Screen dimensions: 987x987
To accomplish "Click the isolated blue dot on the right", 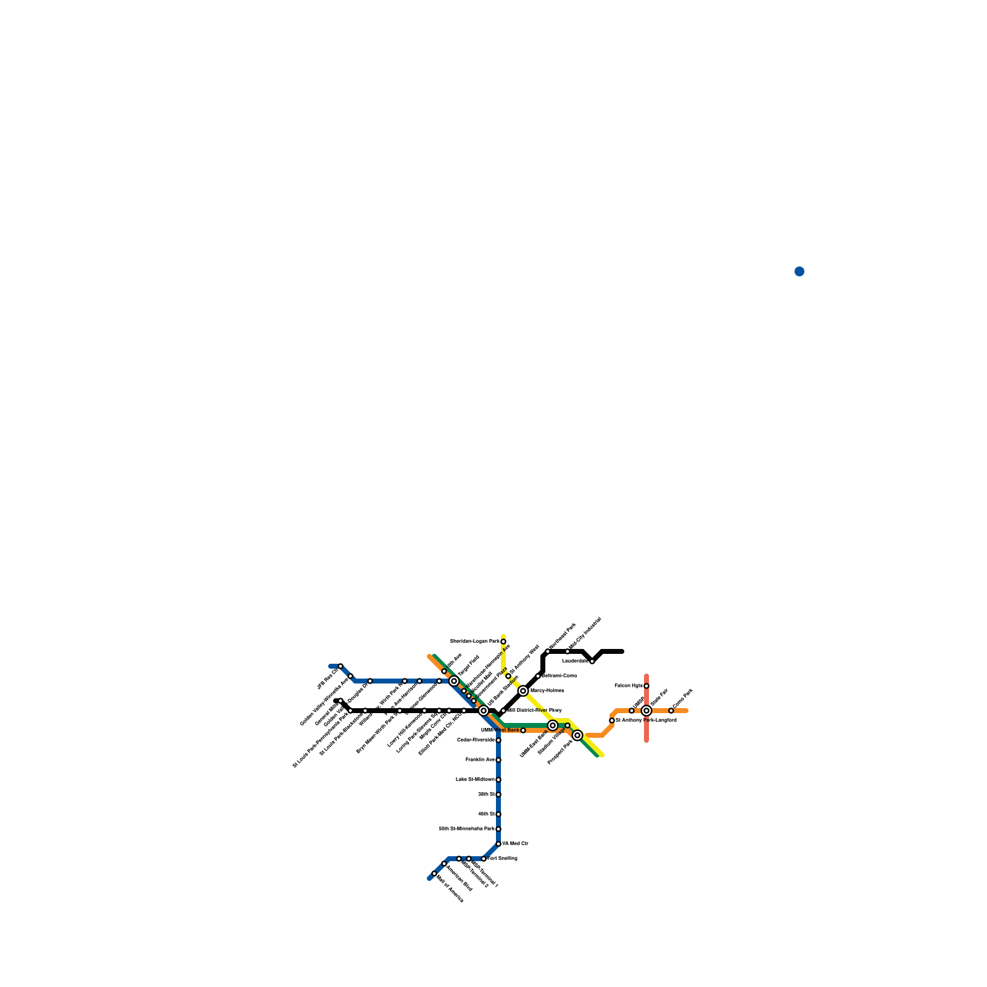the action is coord(799,271).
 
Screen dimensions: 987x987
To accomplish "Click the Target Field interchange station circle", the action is coord(454,681).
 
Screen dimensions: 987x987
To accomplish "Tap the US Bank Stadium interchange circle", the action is coord(484,711).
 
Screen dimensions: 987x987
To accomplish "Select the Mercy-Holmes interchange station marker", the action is coord(523,691).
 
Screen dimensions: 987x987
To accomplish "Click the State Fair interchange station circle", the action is coord(646,711).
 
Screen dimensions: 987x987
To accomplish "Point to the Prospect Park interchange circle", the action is coord(577,735).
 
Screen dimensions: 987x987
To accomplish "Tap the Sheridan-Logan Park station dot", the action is coord(503,642).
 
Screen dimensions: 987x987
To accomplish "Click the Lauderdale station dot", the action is coord(592,661).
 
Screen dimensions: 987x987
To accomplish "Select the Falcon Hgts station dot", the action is coord(646,686).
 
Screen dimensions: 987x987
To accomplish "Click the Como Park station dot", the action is coord(671,711).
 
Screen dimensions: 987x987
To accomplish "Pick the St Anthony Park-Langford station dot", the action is coord(612,721).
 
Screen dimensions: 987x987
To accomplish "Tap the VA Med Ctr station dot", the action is coord(498,844).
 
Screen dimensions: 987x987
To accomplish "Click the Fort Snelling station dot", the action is coord(484,859).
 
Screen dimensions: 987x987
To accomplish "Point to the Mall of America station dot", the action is coord(434,873).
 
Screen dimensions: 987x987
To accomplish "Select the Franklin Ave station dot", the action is coord(498,760).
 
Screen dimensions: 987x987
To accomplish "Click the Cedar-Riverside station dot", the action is coord(498,740).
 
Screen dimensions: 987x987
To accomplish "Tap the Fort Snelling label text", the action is coord(503,859).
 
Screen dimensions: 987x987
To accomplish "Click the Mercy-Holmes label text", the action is coord(547,691).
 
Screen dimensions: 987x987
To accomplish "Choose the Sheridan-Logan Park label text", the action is coord(474,642).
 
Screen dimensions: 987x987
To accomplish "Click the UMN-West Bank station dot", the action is coord(523,730).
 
